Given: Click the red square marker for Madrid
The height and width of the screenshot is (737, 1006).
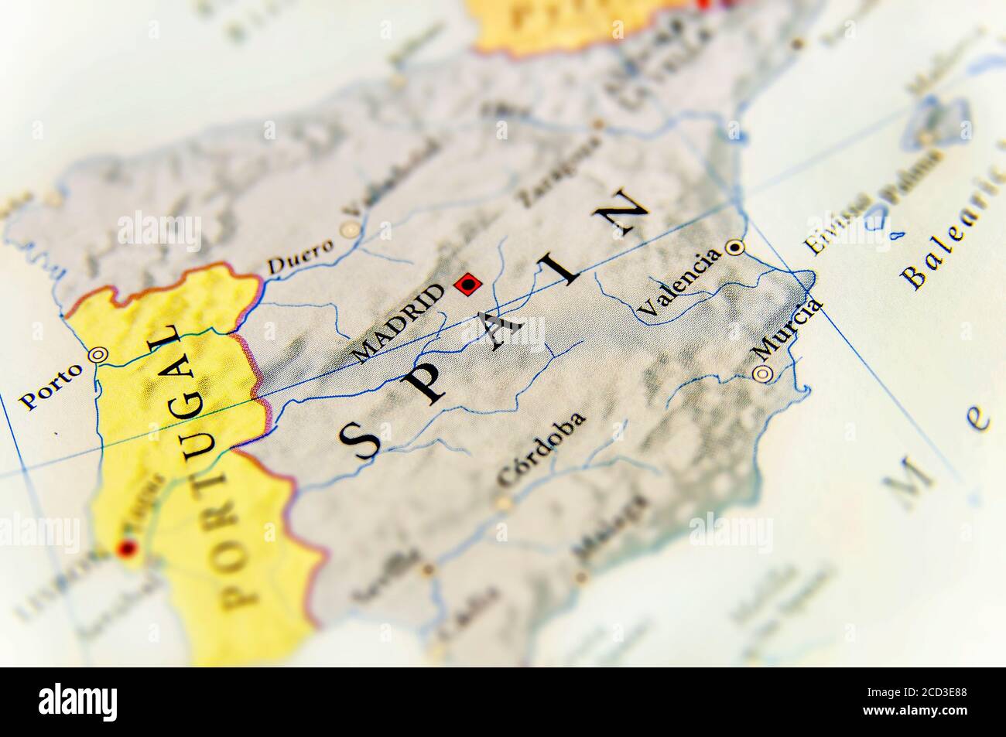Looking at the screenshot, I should click(x=467, y=286).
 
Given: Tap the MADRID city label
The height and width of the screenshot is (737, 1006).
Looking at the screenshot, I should click(x=398, y=324).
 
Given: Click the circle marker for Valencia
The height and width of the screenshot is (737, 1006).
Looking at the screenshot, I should click(x=734, y=247).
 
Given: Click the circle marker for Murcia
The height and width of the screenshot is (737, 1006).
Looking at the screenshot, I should click(x=763, y=374).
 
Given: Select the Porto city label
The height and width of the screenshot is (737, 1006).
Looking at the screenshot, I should click(x=50, y=385).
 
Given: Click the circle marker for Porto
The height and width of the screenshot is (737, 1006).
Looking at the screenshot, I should click(x=98, y=355).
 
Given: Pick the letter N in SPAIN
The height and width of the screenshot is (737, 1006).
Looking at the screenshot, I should click(x=624, y=212).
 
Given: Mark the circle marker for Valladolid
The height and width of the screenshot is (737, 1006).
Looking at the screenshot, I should click(x=351, y=230).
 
